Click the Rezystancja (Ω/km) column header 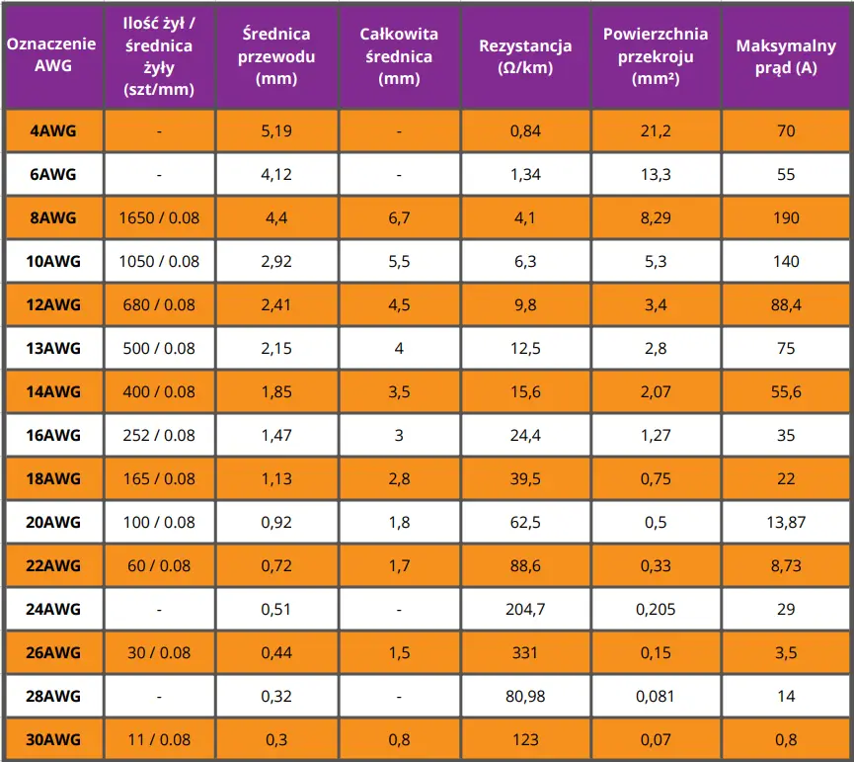pyautogui.click(x=525, y=57)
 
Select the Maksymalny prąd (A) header pyautogui.click(x=786, y=57)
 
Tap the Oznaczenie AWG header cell pyautogui.click(x=52, y=57)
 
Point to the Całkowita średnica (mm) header pyautogui.click(x=398, y=57)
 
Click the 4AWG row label pyautogui.click(x=52, y=130)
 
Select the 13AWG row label pyautogui.click(x=52, y=348)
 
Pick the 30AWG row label pyautogui.click(x=52, y=739)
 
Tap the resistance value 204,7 pyautogui.click(x=525, y=609)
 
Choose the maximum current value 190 pyautogui.click(x=786, y=217)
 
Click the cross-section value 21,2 pyautogui.click(x=656, y=130)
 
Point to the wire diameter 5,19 pyautogui.click(x=276, y=130)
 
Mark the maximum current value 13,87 pyautogui.click(x=786, y=522)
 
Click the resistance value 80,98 pyautogui.click(x=525, y=696)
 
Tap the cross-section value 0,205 pyautogui.click(x=656, y=609)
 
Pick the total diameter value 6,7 pyautogui.click(x=398, y=217)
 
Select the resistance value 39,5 pyautogui.click(x=525, y=478)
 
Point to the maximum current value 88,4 pyautogui.click(x=786, y=304)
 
